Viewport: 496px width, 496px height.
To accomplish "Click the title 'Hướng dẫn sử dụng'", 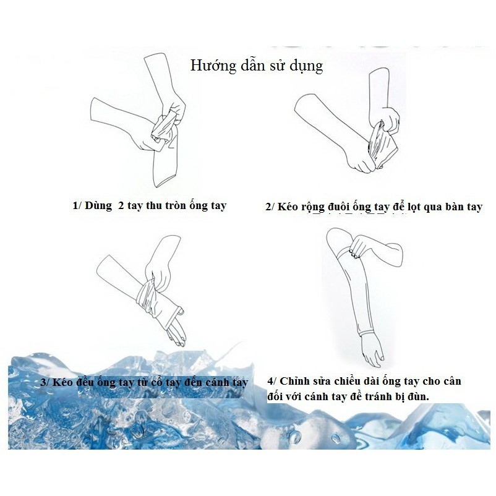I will (256, 65).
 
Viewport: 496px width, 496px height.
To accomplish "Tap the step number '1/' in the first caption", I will (77, 205).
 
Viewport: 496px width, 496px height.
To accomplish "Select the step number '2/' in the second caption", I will (270, 207).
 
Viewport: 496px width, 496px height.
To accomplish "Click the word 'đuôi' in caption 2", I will (336, 207).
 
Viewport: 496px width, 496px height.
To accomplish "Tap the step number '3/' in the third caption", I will (45, 382).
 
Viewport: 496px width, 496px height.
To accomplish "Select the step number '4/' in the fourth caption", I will (272, 382).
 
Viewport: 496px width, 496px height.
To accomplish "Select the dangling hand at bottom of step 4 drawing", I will (372, 353).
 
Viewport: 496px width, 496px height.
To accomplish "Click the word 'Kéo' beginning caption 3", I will (64, 382).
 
